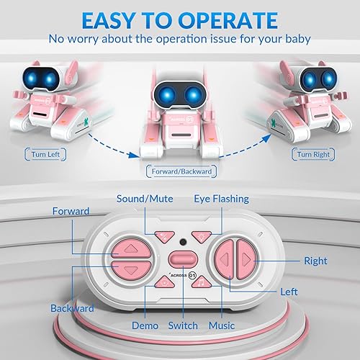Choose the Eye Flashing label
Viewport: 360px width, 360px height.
220,199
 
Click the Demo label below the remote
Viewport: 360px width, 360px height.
145,325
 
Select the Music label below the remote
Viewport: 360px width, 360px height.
221,325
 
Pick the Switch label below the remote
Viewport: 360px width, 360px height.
183,325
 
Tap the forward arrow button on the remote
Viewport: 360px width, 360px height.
131,249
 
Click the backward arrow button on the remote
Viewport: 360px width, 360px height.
131,269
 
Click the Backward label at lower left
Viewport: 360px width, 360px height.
72,308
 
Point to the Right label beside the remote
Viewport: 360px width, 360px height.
315,261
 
